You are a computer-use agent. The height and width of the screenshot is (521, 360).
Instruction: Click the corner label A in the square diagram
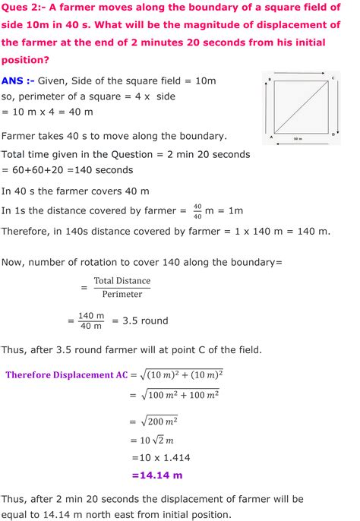tap(271, 138)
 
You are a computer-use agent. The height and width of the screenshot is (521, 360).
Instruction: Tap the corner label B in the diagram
tap(270, 78)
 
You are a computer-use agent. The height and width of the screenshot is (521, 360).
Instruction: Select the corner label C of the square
tap(333, 78)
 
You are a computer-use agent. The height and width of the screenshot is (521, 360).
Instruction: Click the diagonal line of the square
tap(302, 109)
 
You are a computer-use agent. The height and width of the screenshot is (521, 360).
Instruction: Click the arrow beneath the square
tap(302, 142)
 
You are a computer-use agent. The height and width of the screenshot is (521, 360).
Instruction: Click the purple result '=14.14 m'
tap(157, 475)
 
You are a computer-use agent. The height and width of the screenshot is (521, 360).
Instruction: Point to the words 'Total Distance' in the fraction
tap(122, 281)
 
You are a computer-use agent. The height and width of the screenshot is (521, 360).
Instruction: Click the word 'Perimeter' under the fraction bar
tap(122, 294)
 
